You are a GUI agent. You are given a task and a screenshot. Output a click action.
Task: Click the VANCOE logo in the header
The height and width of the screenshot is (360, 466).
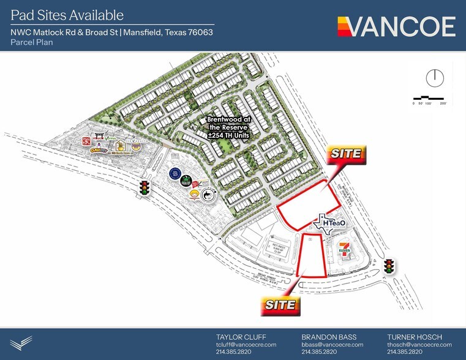tap(396, 26)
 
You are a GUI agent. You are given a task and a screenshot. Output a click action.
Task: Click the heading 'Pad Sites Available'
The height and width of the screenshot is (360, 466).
tap(67, 15)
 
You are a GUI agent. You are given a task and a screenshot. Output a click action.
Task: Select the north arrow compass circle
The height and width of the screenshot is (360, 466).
tap(434, 78)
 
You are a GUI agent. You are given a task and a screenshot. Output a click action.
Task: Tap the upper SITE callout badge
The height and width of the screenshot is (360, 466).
tap(347, 154)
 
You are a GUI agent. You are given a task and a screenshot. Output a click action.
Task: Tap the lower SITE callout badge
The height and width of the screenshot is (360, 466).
tap(280, 304)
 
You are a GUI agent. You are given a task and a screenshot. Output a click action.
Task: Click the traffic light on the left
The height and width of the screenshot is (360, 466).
tap(145, 187)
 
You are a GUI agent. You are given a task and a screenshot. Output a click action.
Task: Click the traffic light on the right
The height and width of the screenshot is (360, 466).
tap(388, 266)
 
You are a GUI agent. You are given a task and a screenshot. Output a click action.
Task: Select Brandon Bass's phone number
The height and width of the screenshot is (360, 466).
tap(319, 352)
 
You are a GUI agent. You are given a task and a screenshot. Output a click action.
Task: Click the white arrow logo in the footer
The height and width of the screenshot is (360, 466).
tap(21, 342)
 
